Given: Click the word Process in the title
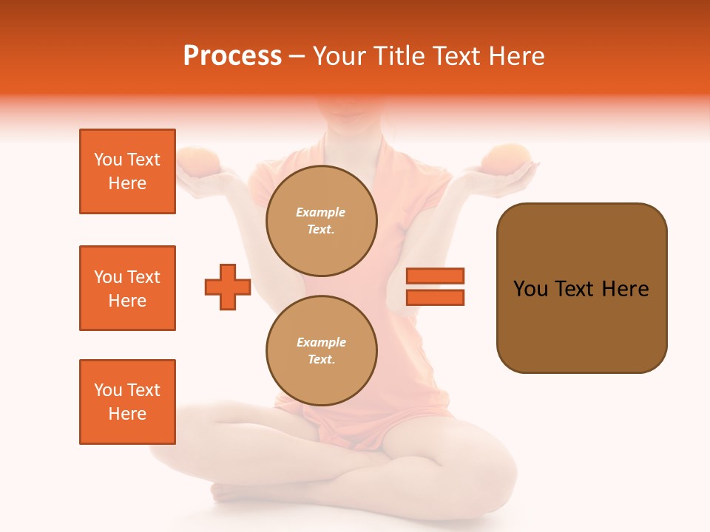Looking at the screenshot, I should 232,56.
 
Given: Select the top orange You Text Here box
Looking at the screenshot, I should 127,171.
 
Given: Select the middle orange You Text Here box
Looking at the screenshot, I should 127,288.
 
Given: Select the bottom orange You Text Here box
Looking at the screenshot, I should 127,402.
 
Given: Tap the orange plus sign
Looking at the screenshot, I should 228,286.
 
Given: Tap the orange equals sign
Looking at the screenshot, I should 435,286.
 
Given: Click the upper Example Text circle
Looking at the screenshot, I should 322,221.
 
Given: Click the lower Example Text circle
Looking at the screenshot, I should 322,350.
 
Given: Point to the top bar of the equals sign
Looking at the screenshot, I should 435,276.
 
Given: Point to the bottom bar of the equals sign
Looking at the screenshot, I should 435,297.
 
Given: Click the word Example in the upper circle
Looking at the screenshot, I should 321,212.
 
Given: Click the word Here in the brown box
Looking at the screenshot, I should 626,289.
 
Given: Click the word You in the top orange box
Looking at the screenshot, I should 108,160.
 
